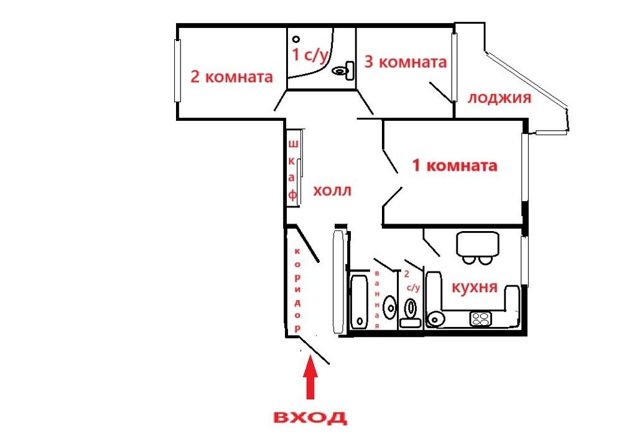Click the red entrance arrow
click(311, 377)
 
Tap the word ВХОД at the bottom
click(310, 417)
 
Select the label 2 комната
click(231, 77)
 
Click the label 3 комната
click(406, 62)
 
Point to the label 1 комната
click(455, 166)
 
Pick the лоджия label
click(500, 98)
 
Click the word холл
click(332, 191)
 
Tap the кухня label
click(475, 287)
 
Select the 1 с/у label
click(310, 55)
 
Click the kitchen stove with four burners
click(481, 318)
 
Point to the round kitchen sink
click(435, 319)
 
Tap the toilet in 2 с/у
click(411, 313)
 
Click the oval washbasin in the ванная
click(389, 308)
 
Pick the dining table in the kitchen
click(477, 244)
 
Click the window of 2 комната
click(177, 70)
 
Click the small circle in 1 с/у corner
click(296, 39)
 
